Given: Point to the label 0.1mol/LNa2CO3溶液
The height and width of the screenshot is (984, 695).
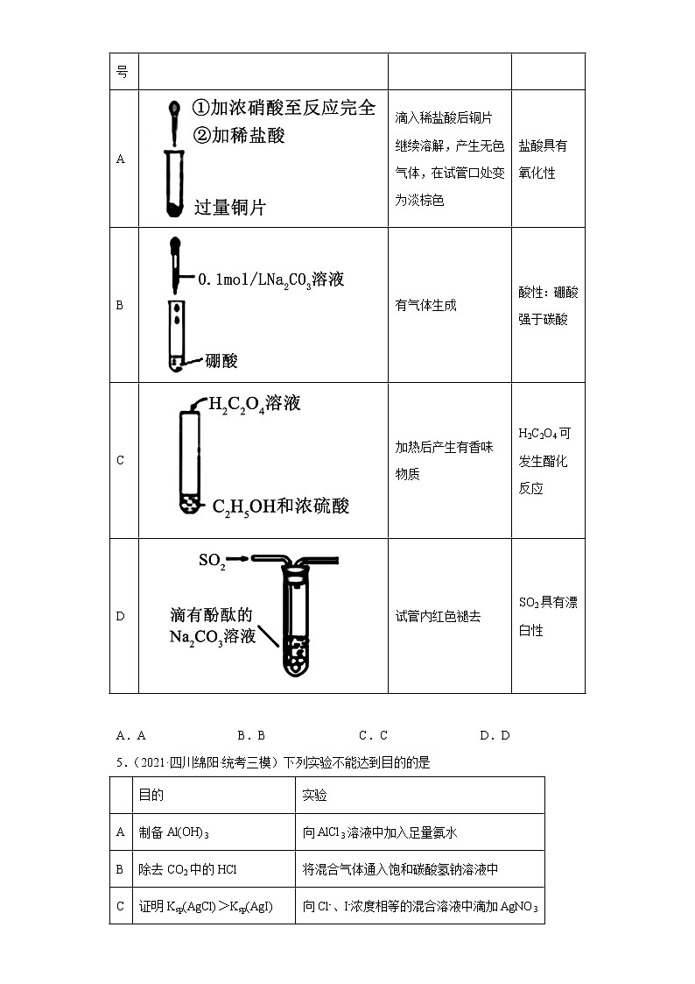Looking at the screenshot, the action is [270, 279].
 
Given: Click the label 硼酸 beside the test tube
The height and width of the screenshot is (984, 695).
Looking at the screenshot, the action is [221, 360].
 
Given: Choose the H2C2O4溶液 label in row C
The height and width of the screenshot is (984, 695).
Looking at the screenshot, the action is [254, 403].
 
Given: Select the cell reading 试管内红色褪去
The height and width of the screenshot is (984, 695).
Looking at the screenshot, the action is [438, 616].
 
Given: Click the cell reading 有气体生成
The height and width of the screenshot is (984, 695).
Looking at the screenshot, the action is [425, 305].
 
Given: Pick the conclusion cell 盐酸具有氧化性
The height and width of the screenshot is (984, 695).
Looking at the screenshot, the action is [543, 159].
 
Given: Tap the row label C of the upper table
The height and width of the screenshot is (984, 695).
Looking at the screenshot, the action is [121, 460].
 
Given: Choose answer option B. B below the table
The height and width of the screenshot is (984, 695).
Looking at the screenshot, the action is [250, 735].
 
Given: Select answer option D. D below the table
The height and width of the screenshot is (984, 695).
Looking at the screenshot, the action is [495, 735].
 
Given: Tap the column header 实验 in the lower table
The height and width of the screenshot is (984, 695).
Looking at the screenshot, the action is [315, 795].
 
